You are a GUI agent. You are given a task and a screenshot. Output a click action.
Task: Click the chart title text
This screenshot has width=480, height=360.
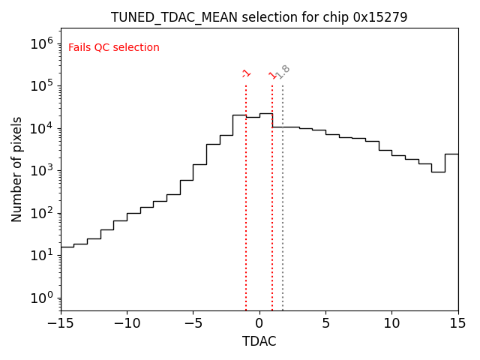[259, 17]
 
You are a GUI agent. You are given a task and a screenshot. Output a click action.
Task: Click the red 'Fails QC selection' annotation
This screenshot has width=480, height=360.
[114, 48]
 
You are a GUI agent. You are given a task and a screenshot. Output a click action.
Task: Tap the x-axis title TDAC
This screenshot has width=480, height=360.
[259, 341]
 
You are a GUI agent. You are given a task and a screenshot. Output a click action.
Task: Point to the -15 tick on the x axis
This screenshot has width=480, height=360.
[61, 323]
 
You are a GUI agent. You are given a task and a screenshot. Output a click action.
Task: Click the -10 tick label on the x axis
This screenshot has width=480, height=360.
[127, 323]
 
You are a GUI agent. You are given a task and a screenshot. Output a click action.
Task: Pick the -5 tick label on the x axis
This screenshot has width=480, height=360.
[193, 323]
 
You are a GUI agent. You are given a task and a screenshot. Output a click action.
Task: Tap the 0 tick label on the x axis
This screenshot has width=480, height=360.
[259, 323]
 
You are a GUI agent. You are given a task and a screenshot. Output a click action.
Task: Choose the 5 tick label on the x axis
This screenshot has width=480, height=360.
[325, 323]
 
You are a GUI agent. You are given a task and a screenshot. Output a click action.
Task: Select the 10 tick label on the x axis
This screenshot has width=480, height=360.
[391, 323]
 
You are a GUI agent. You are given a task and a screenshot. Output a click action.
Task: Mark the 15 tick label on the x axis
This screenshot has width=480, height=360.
[457, 323]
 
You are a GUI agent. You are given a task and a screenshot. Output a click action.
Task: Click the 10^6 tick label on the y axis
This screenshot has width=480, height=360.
[43, 43]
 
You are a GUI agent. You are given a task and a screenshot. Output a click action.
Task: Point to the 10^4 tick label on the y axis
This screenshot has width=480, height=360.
[43, 128]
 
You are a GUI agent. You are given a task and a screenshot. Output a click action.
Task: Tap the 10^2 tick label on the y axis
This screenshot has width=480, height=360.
[43, 213]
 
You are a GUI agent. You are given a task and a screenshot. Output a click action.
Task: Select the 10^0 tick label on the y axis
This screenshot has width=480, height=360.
[43, 298]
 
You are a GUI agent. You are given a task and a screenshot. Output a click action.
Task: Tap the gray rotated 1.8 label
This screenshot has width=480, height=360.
[283, 72]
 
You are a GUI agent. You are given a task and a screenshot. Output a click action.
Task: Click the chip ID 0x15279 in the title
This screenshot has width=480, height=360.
[380, 17]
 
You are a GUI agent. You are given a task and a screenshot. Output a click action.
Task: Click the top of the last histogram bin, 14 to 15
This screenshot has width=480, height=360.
[451, 154]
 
